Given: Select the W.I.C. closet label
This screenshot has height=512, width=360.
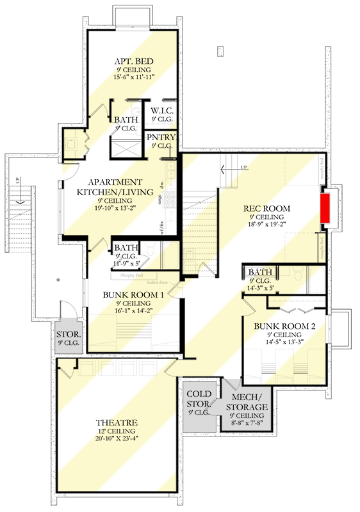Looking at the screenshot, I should tap(162, 111).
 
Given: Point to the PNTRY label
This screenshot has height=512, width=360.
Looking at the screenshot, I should tap(161, 137).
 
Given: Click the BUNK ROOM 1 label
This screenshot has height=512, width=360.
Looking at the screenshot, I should tap(134, 295).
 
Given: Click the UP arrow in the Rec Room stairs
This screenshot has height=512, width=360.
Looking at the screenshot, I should tap(229, 169).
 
